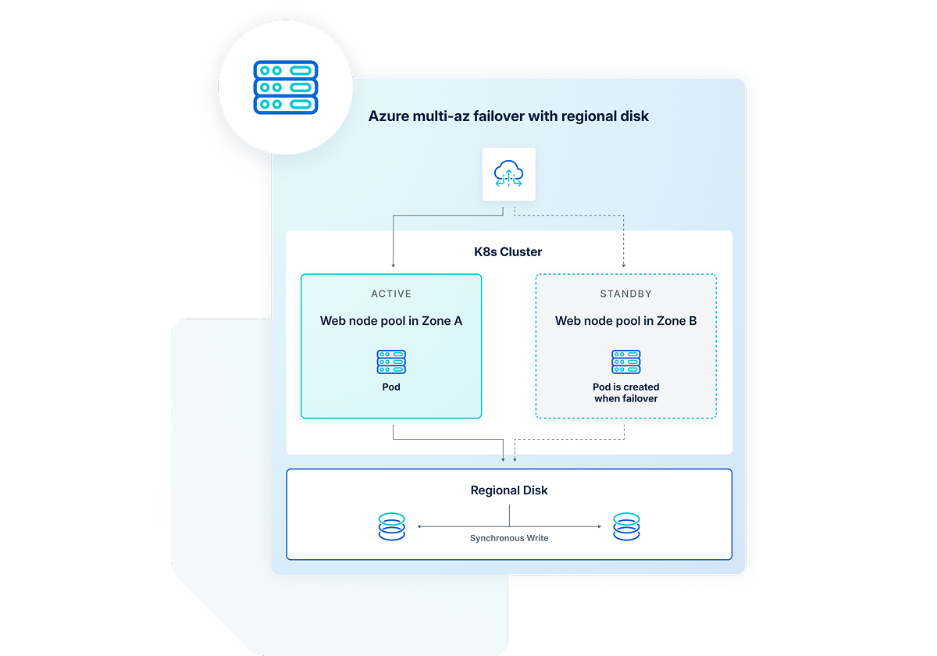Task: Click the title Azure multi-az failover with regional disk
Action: coord(508,116)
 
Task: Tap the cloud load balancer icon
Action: coord(508,174)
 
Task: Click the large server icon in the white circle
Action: coord(285,87)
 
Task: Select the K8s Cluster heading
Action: coord(509,251)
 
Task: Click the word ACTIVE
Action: coord(391,294)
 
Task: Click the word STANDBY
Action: coord(625,294)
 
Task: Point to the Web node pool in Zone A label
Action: coord(391,321)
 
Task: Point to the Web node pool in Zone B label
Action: coord(625,321)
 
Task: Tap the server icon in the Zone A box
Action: coord(391,362)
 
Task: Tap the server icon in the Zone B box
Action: coord(625,362)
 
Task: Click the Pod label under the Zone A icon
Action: coord(391,387)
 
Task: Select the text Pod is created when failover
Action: coord(625,393)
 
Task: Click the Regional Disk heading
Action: coord(509,490)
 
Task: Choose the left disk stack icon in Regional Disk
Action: coord(391,527)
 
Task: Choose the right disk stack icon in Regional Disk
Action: coord(625,527)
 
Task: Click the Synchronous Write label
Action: coord(509,538)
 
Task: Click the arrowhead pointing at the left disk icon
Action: coord(420,527)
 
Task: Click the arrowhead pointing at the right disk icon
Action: coord(599,527)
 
